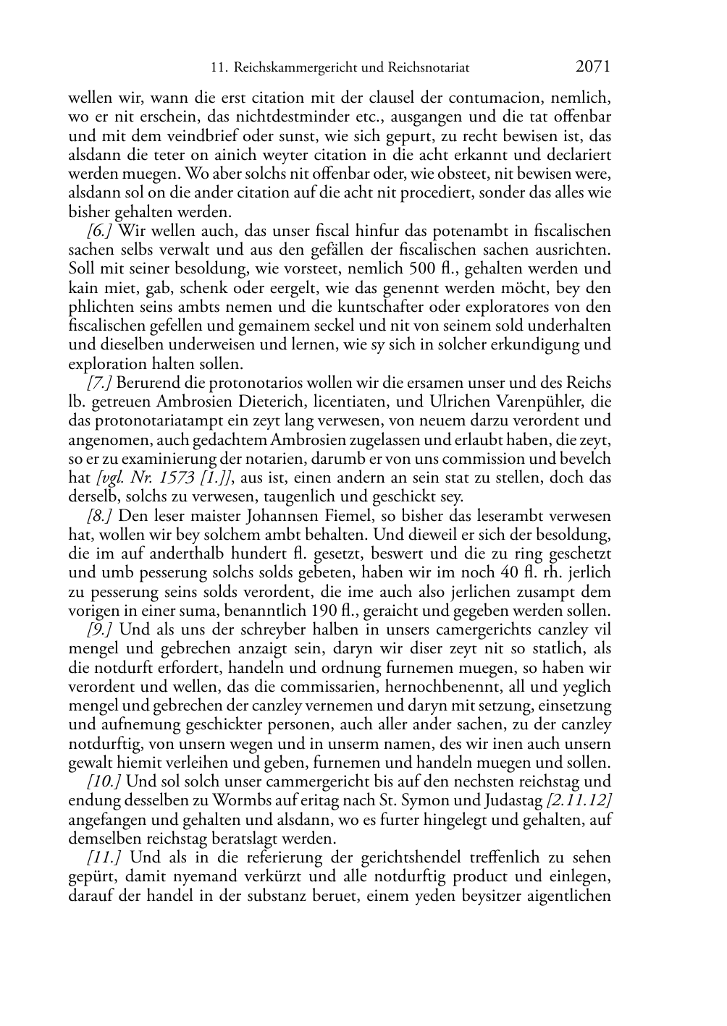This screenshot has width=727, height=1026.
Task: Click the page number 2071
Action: coord(592,67)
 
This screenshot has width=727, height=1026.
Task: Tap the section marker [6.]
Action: coord(100,232)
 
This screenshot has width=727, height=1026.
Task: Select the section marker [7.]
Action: coord(100,383)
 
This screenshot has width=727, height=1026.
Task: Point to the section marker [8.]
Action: coord(100,516)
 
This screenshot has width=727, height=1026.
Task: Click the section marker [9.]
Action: coord(100,629)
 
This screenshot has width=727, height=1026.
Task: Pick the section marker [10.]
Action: coord(104,781)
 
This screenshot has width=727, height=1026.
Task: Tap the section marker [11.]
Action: coord(104,857)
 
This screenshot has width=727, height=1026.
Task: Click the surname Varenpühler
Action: coord(531,402)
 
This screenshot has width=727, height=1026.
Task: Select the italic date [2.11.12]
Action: coord(579,801)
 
